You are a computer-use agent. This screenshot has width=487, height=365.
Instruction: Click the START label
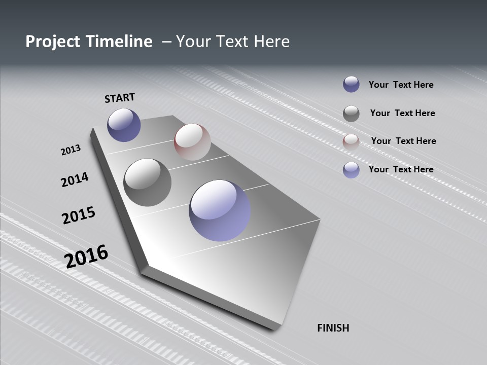[120, 98]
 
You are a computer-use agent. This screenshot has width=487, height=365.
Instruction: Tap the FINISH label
[333, 328]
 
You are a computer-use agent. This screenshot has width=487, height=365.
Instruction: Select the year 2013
[71, 150]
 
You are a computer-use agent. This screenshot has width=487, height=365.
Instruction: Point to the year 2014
[75, 179]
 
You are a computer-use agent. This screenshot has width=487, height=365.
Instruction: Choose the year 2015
[79, 215]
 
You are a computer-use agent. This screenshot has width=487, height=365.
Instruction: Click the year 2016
[86, 257]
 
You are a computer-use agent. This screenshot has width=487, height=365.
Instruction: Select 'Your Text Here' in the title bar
[233, 42]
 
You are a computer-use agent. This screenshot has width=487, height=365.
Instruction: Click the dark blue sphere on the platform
[124, 125]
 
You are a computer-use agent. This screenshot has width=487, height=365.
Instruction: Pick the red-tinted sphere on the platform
[192, 142]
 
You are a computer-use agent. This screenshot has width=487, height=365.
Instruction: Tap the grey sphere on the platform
[148, 182]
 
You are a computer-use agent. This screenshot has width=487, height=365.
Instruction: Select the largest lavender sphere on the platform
[220, 210]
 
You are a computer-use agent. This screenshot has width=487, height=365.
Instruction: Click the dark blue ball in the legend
[351, 84]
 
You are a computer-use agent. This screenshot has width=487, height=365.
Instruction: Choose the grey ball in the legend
[351, 114]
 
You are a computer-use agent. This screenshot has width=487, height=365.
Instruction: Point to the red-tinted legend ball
[351, 142]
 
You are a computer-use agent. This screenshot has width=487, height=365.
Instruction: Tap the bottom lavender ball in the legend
[351, 170]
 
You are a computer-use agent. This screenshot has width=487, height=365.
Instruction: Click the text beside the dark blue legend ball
[401, 85]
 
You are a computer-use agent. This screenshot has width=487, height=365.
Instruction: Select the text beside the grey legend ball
[402, 113]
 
